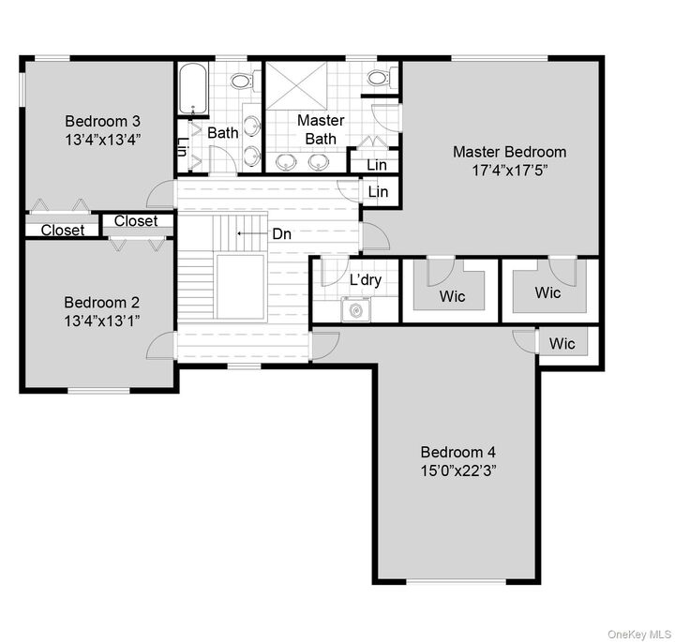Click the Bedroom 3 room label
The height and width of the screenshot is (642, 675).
[x=102, y=121]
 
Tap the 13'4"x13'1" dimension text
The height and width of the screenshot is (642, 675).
[x=102, y=321]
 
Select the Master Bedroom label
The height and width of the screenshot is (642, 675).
[x=509, y=152]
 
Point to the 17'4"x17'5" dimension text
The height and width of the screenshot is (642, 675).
[x=509, y=171]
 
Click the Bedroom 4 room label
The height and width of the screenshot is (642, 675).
[x=457, y=450]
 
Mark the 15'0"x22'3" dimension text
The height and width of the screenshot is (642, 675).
[x=457, y=469]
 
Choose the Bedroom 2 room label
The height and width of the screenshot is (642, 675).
[x=102, y=303]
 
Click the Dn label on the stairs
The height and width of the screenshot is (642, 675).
[x=281, y=234]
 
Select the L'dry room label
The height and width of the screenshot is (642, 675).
[x=365, y=280]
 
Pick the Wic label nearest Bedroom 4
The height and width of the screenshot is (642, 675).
[x=562, y=344]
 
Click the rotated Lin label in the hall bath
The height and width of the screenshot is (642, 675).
[x=183, y=148]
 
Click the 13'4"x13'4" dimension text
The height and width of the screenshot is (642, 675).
[x=102, y=140]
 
